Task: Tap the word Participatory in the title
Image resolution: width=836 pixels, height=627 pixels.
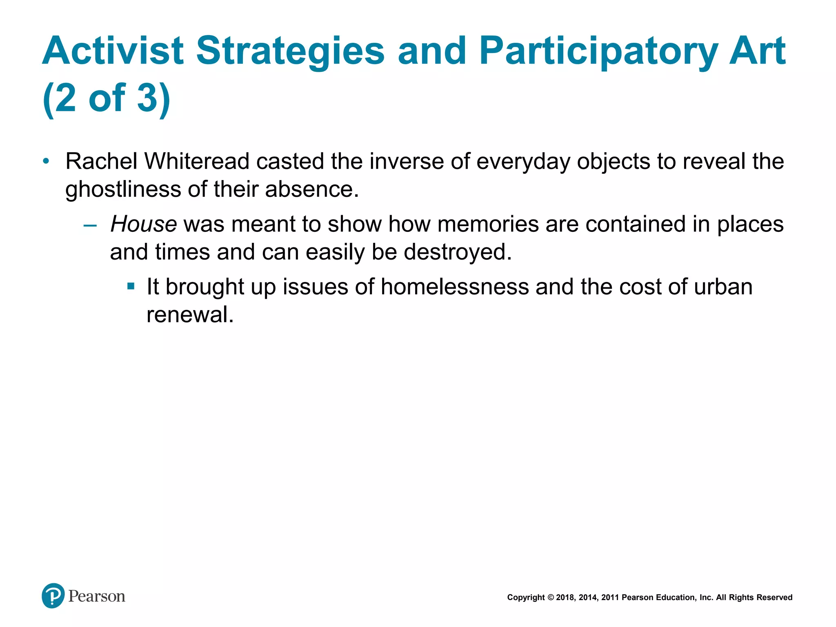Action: (598, 51)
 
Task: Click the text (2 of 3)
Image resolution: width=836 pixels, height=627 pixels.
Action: (106, 98)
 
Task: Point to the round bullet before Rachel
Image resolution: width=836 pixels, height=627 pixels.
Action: (46, 161)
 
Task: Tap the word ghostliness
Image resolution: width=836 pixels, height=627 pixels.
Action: (123, 189)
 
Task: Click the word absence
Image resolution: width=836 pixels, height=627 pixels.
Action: (312, 189)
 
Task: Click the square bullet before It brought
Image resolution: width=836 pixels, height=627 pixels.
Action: (131, 287)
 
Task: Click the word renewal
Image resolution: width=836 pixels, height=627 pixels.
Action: (190, 315)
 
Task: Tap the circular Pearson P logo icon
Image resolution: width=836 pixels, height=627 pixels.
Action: (53, 596)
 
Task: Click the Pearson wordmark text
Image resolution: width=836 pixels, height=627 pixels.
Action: (97, 596)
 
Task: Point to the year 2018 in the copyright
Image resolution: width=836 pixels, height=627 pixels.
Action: (565, 598)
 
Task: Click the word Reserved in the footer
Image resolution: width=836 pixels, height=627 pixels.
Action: (774, 598)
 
